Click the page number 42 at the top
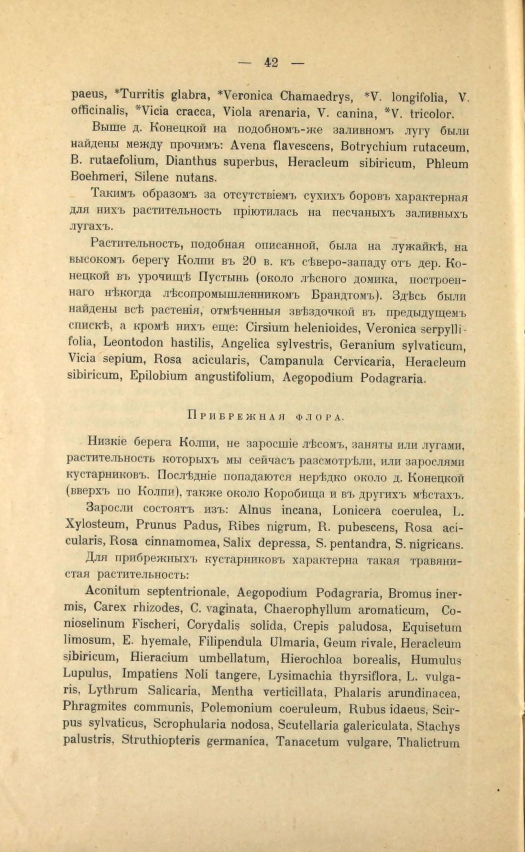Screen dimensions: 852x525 [x=271, y=62]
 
